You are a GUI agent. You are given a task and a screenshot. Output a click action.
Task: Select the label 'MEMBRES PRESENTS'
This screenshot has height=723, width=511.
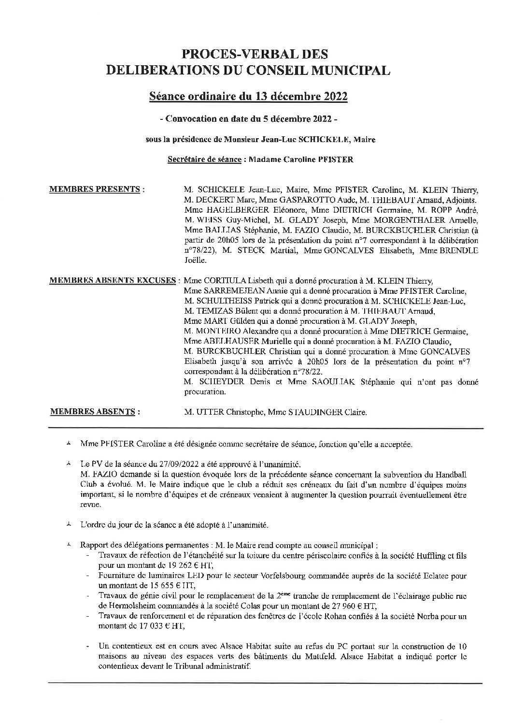[x=95, y=189]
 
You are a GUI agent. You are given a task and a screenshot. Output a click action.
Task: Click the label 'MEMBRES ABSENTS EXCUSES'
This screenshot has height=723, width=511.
[x=113, y=281]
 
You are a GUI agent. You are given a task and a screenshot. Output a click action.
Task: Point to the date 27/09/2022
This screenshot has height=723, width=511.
[x=157, y=463]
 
